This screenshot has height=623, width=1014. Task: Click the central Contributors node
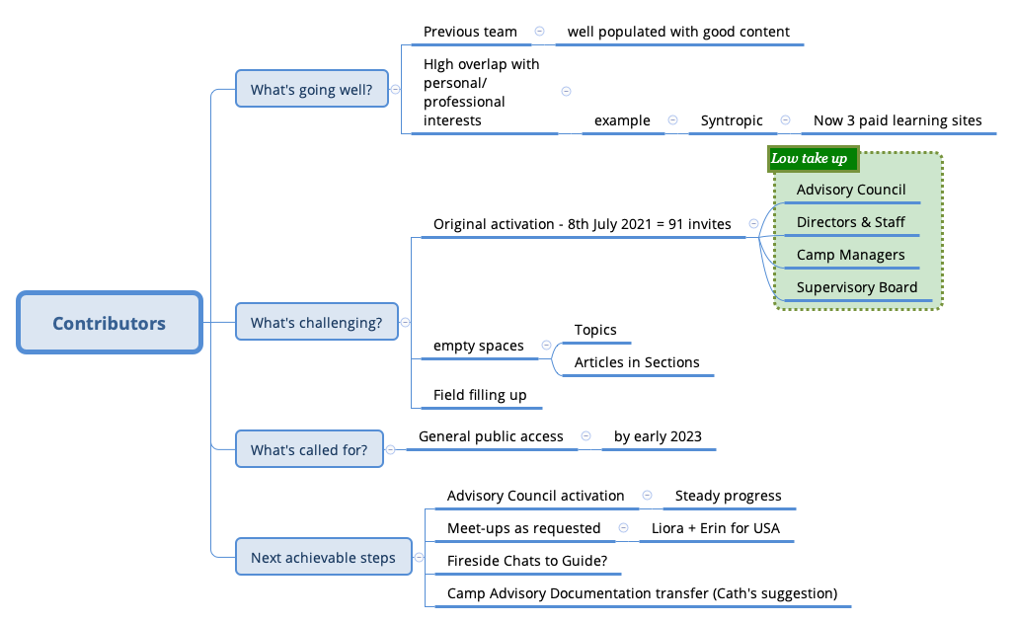pyautogui.click(x=110, y=323)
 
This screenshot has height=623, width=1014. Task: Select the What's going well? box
pyautogui.click(x=311, y=90)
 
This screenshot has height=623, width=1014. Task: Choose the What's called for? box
pyautogui.click(x=309, y=450)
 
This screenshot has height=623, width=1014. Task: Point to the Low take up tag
pyautogui.click(x=810, y=158)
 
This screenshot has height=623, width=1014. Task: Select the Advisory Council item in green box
pyautogui.click(x=850, y=190)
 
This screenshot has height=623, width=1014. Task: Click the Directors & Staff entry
pyautogui.click(x=850, y=222)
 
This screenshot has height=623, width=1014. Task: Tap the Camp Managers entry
pyautogui.click(x=850, y=255)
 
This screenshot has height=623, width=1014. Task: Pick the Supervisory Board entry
pyautogui.click(x=856, y=287)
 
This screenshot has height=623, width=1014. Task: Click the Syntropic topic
pyautogui.click(x=732, y=120)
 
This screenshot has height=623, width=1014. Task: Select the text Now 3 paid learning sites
pyautogui.click(x=897, y=120)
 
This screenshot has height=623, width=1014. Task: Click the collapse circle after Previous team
pyautogui.click(x=539, y=32)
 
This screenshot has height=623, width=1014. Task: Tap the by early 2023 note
pyautogui.click(x=658, y=436)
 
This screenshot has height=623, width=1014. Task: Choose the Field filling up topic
pyautogui.click(x=480, y=395)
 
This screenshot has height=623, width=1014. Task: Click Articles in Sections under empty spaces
pyautogui.click(x=637, y=362)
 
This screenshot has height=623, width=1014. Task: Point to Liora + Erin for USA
pyautogui.click(x=715, y=528)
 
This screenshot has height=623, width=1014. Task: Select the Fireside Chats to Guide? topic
pyautogui.click(x=527, y=561)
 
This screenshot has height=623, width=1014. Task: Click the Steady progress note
pyautogui.click(x=728, y=496)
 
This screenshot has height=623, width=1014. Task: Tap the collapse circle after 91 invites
pyautogui.click(x=753, y=224)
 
